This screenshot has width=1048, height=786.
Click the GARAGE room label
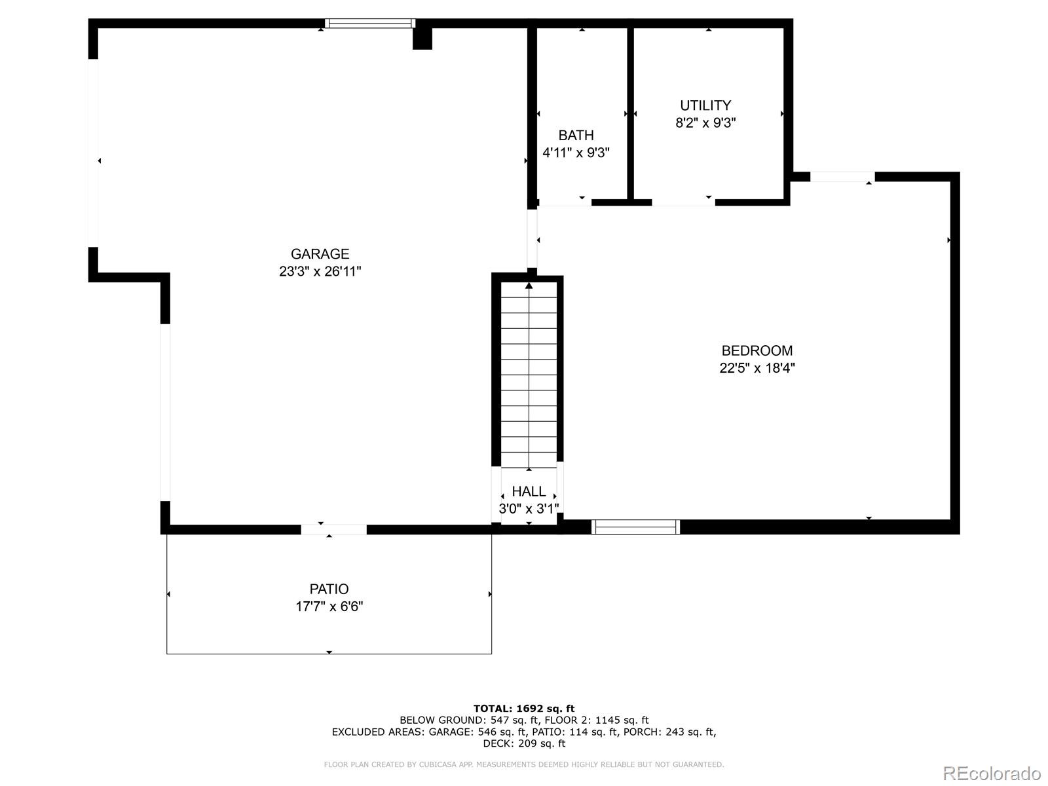tap(320, 254)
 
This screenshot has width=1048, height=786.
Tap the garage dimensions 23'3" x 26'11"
tap(320, 271)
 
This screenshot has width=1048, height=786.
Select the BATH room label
tap(576, 136)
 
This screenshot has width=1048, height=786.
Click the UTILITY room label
tap(705, 105)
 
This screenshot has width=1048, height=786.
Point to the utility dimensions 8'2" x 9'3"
tap(705, 122)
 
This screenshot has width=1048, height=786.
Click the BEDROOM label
tap(757, 350)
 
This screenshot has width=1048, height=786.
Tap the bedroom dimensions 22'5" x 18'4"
tap(757, 367)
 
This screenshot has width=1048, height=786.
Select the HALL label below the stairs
tap(529, 491)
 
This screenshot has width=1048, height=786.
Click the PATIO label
tap(329, 589)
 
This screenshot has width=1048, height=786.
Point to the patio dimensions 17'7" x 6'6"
tap(329, 606)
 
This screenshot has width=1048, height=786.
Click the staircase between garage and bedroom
tap(529, 373)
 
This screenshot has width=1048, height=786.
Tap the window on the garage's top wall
tap(370, 24)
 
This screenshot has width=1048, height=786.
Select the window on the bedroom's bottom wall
tap(635, 527)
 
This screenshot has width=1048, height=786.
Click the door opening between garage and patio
tap(333, 529)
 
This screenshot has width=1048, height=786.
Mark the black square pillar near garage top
tap(422, 38)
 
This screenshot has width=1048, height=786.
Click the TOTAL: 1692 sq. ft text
tap(524, 708)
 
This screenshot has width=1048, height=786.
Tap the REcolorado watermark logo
tap(992, 773)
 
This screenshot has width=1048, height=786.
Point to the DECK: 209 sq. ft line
tap(524, 743)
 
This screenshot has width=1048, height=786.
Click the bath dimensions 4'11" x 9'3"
tap(576, 153)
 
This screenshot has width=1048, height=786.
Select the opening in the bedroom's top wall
tap(842, 177)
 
